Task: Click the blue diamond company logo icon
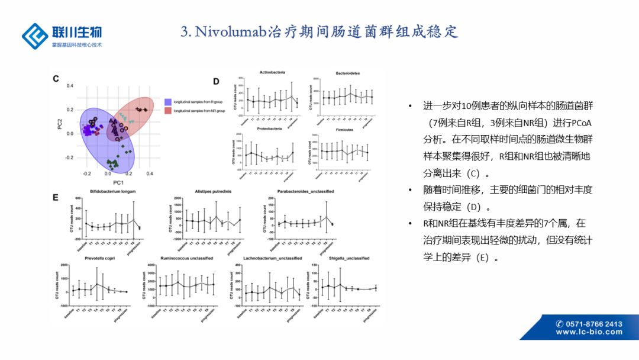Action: tap(35, 36)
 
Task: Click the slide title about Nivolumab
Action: tap(319, 31)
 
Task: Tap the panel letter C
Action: tap(56, 79)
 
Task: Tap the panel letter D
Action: tap(216, 81)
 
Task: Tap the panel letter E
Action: tap(56, 197)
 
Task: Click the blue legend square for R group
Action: tap(168, 102)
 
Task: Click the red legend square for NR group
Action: tap(168, 111)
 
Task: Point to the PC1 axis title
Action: tap(118, 182)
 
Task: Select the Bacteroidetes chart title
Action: tap(347, 73)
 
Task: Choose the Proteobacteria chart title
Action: tap(269, 128)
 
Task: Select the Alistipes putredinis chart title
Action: tap(214, 191)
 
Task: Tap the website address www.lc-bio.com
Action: tap(589, 332)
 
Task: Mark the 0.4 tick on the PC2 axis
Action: tap(70, 86)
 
